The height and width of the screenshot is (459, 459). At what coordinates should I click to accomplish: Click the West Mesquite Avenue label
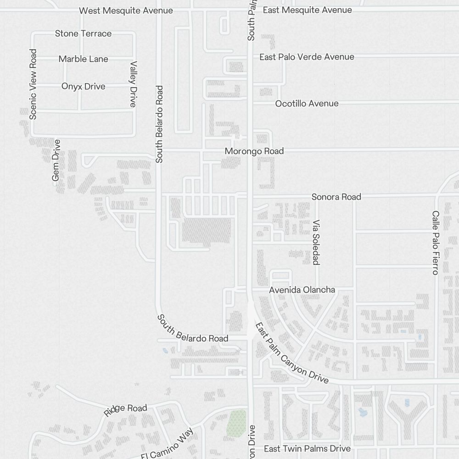click(x=126, y=11)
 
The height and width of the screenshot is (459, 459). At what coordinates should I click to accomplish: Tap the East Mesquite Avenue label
click(x=307, y=10)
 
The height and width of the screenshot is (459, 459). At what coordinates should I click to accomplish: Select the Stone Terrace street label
click(x=83, y=34)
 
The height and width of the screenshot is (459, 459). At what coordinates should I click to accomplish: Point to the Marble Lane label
click(x=84, y=59)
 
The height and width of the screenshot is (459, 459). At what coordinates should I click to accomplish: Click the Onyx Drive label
click(x=83, y=86)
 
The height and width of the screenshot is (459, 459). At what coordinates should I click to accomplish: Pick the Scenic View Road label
click(x=33, y=84)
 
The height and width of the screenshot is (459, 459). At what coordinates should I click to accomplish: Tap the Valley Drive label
click(x=133, y=84)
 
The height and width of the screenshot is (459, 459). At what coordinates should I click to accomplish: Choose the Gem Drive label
click(x=56, y=160)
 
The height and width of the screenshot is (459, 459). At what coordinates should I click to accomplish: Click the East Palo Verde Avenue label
click(x=307, y=57)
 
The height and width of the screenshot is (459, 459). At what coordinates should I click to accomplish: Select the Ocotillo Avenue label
click(x=307, y=104)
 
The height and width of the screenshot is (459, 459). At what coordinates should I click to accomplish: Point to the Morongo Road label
click(x=254, y=151)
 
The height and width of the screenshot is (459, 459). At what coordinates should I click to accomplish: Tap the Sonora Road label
click(x=336, y=197)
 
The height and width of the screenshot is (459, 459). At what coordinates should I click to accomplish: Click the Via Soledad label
click(x=316, y=242)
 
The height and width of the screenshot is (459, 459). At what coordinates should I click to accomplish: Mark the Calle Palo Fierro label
click(x=436, y=243)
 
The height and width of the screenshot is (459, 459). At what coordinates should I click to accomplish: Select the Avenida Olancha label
click(x=302, y=290)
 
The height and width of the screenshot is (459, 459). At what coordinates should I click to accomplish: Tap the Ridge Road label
click(x=125, y=410)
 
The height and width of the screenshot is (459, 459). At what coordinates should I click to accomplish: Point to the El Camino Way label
click(x=168, y=442)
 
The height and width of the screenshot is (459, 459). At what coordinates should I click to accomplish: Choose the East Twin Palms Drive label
click(x=307, y=448)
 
